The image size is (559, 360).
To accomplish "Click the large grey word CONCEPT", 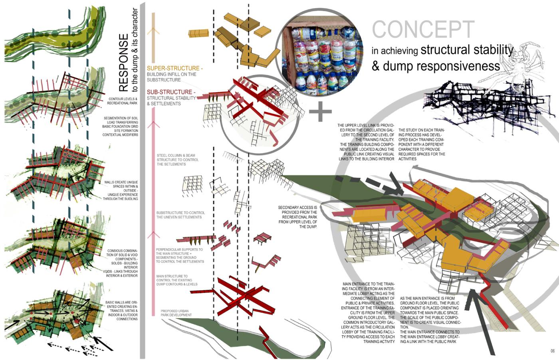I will (x=423, y=30).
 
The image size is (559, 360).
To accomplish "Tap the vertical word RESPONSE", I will (x=124, y=62).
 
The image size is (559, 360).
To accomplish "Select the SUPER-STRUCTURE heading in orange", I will (x=174, y=69).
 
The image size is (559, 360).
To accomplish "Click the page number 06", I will (x=553, y=351).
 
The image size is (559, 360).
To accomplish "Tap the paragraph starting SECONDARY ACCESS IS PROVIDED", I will (x=298, y=217).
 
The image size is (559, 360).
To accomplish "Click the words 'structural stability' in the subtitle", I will (x=466, y=50).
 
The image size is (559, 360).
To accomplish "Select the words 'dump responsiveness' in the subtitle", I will (x=441, y=66).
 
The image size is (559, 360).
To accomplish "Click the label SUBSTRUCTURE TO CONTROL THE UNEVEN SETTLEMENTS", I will (x=180, y=215).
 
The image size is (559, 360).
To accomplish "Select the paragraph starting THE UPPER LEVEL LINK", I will (x=366, y=142).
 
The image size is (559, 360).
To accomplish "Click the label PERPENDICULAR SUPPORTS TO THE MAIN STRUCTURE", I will (x=180, y=255).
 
